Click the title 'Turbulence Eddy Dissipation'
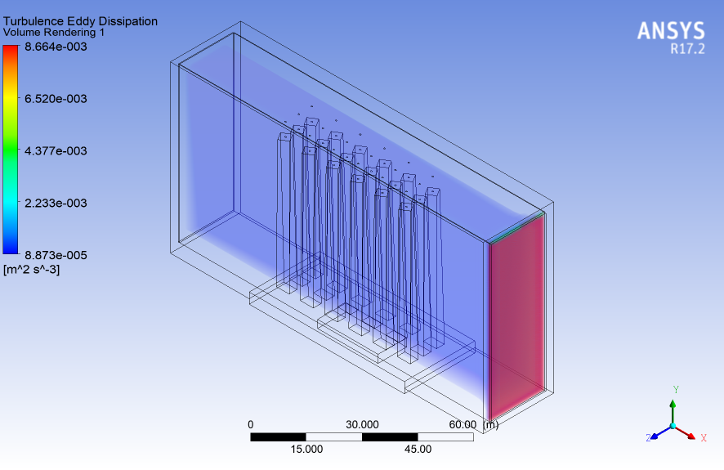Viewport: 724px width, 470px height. [80, 21]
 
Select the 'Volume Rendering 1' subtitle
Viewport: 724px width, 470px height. [54, 33]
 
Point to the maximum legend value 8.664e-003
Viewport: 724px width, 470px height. [56, 47]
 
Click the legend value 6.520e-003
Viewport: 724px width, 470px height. [56, 99]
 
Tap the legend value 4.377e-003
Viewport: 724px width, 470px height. [56, 151]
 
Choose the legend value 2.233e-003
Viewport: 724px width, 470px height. [56, 204]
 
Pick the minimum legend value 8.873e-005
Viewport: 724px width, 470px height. [56, 255]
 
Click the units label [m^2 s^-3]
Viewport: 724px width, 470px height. [31, 269]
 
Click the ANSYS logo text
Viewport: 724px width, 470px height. [671, 31]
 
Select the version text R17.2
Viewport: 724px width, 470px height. [687, 49]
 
